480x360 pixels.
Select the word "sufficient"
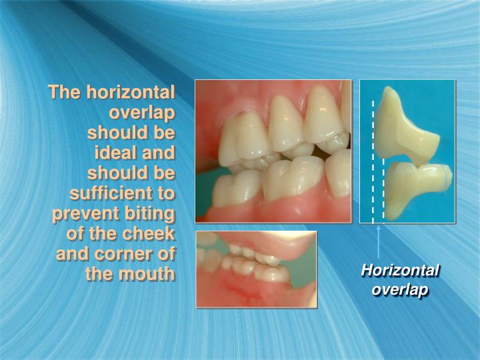(x=111, y=194)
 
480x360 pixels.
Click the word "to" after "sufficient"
(x=165, y=194)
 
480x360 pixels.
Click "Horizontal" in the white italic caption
(x=400, y=271)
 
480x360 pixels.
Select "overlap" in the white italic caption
(x=400, y=290)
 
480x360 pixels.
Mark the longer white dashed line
(x=373, y=160)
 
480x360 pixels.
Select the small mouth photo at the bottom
(x=256, y=269)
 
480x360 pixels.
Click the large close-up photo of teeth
(x=273, y=151)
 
